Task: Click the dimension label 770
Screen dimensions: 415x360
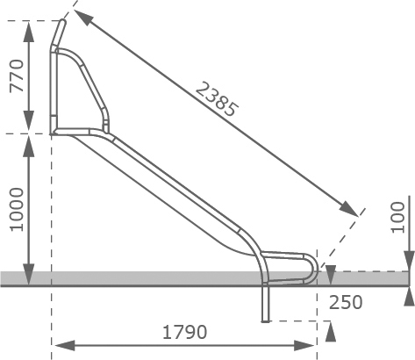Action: click(17, 76)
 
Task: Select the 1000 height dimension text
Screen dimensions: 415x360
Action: click(17, 210)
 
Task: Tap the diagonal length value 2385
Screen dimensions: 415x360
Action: click(217, 99)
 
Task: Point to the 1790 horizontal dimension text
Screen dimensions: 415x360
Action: click(184, 332)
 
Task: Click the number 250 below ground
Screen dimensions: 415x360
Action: click(346, 302)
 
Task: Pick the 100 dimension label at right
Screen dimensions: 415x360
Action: click(398, 218)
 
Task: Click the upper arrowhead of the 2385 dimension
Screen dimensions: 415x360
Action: click(82, 17)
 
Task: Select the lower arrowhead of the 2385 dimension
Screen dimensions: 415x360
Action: click(349, 209)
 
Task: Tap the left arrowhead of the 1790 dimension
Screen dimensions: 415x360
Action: click(65, 346)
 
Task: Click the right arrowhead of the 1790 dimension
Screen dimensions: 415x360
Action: click(304, 346)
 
